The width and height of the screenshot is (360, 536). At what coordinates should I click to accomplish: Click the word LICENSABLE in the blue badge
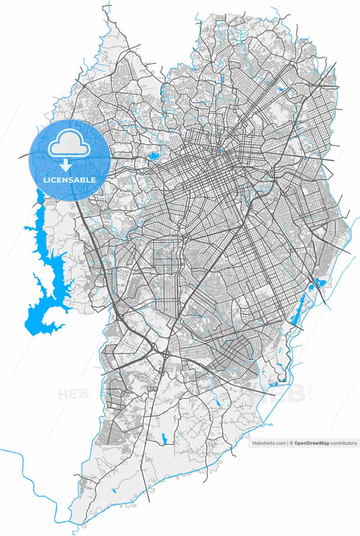tap(69, 180)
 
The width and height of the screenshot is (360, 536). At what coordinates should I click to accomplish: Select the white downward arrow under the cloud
tap(66, 164)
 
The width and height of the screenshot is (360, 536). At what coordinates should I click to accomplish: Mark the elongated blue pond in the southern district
tap(163, 438)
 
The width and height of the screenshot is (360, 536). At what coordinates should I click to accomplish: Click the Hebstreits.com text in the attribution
tap(269, 443)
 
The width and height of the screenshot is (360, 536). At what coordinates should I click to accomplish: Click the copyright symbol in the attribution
tap(291, 443)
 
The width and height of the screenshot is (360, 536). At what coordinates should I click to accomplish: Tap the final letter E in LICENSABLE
tap(93, 180)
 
